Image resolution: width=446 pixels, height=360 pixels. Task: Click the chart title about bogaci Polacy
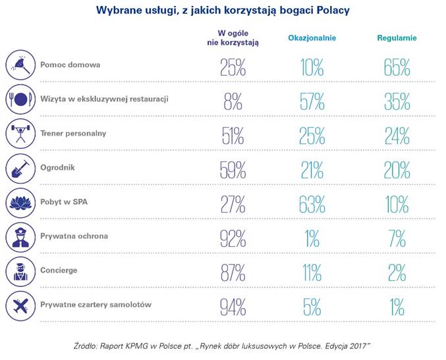coord(223,11)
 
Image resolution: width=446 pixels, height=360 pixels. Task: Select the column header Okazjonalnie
coord(312,38)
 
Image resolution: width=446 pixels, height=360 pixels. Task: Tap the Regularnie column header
coord(397,38)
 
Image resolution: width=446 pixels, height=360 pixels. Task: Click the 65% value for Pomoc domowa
coord(397,67)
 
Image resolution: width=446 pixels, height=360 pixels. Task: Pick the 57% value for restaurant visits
coord(312,101)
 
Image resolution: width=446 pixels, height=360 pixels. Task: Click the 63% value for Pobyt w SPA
coord(312,204)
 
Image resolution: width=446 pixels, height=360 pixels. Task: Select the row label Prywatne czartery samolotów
coord(96,304)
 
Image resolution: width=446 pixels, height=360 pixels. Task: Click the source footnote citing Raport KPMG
coord(223,346)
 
